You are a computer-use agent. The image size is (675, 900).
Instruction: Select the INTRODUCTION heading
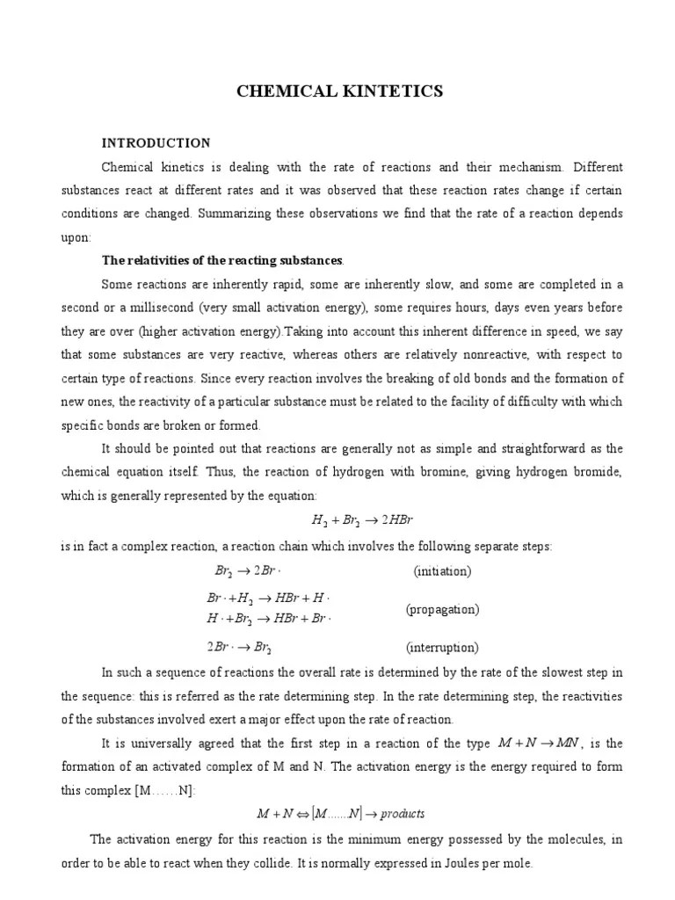tap(156, 142)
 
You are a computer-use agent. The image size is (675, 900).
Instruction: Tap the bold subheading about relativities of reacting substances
tap(222, 261)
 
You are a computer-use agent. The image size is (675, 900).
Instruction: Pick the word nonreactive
tap(506, 355)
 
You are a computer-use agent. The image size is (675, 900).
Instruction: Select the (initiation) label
tap(442, 571)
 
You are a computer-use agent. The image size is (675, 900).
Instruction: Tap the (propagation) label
tap(442, 609)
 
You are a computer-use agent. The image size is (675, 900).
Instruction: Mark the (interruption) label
tap(442, 648)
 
